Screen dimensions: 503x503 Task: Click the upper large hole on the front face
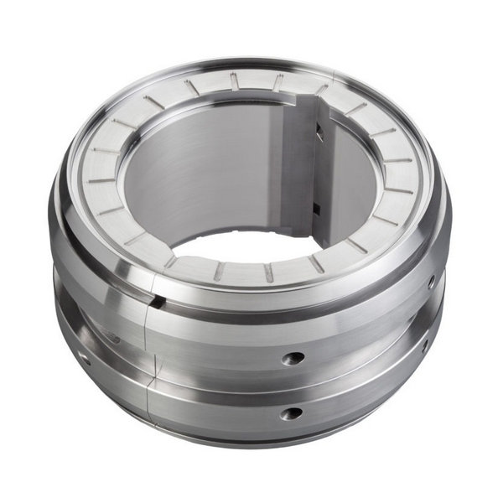click(293, 358)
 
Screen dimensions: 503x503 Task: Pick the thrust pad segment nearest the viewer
click(243, 271)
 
